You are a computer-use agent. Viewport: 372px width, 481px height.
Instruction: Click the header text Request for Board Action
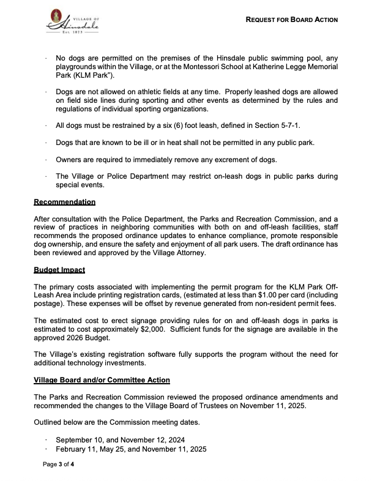click(x=291, y=20)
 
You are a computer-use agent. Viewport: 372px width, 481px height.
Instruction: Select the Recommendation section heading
click(x=64, y=201)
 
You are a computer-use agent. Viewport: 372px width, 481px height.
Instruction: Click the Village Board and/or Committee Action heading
click(x=102, y=380)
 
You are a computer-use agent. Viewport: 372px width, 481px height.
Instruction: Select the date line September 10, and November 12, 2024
click(x=120, y=440)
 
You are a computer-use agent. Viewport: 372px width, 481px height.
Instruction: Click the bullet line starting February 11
click(x=130, y=449)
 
